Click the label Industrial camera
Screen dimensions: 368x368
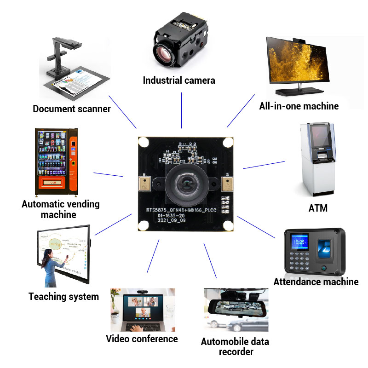179,80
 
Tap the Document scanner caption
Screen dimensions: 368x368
72,109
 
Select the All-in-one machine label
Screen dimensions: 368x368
299,106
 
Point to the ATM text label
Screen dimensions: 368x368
318,208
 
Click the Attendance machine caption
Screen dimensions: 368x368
316,282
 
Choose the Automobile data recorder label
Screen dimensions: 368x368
235,347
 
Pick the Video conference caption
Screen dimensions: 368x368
142,339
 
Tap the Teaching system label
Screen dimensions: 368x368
63,296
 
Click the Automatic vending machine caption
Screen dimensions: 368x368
60,209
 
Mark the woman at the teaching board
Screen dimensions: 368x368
50,267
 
